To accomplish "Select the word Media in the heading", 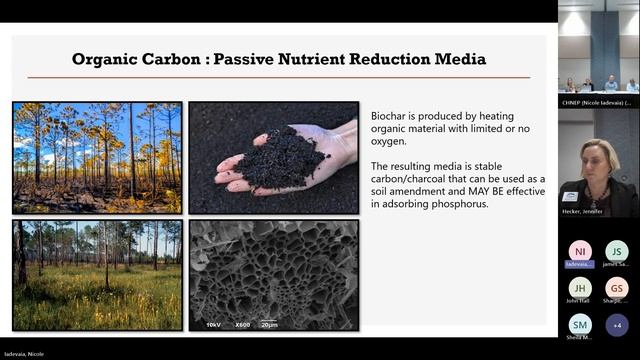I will [455, 59].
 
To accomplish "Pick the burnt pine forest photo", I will [97, 157].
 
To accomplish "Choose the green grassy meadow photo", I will [97, 274].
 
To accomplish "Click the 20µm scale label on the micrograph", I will [269, 324].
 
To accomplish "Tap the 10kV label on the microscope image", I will [213, 324].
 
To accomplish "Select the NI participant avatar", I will [580, 251].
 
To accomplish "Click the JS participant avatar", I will [617, 251].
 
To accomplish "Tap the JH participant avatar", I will [580, 287].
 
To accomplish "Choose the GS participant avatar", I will [617, 287].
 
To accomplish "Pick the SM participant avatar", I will [580, 324].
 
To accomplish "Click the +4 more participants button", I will [617, 324].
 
